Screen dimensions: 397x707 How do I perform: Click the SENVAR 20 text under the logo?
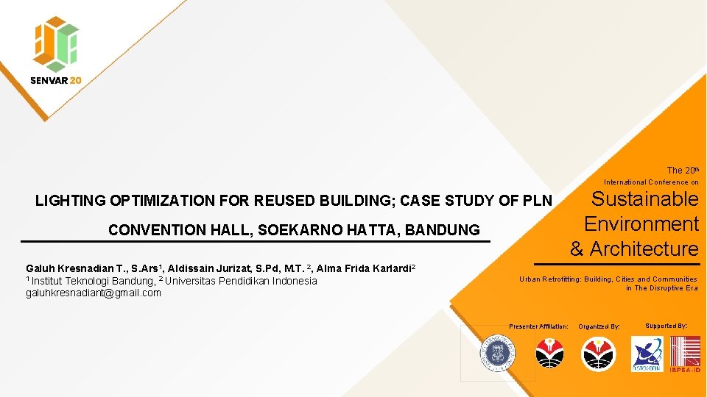[56, 80]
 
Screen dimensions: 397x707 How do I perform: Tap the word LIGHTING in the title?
[71, 200]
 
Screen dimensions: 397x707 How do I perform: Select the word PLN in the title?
[536, 200]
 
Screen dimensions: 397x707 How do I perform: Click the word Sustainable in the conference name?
[645, 199]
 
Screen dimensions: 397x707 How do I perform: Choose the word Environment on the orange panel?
[641, 223]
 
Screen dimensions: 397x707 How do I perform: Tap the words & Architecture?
[634, 248]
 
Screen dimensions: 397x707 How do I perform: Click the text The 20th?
[682, 170]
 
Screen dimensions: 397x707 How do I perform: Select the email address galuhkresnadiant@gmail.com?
[94, 293]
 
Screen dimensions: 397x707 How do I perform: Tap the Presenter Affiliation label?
[538, 326]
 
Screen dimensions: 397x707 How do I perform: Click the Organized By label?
[599, 326]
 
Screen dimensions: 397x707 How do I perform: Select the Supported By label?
[666, 325]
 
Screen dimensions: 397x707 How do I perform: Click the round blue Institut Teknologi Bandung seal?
[497, 354]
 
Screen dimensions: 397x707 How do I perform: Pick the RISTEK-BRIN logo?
[646, 354]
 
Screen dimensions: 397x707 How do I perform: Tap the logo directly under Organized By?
[597, 354]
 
